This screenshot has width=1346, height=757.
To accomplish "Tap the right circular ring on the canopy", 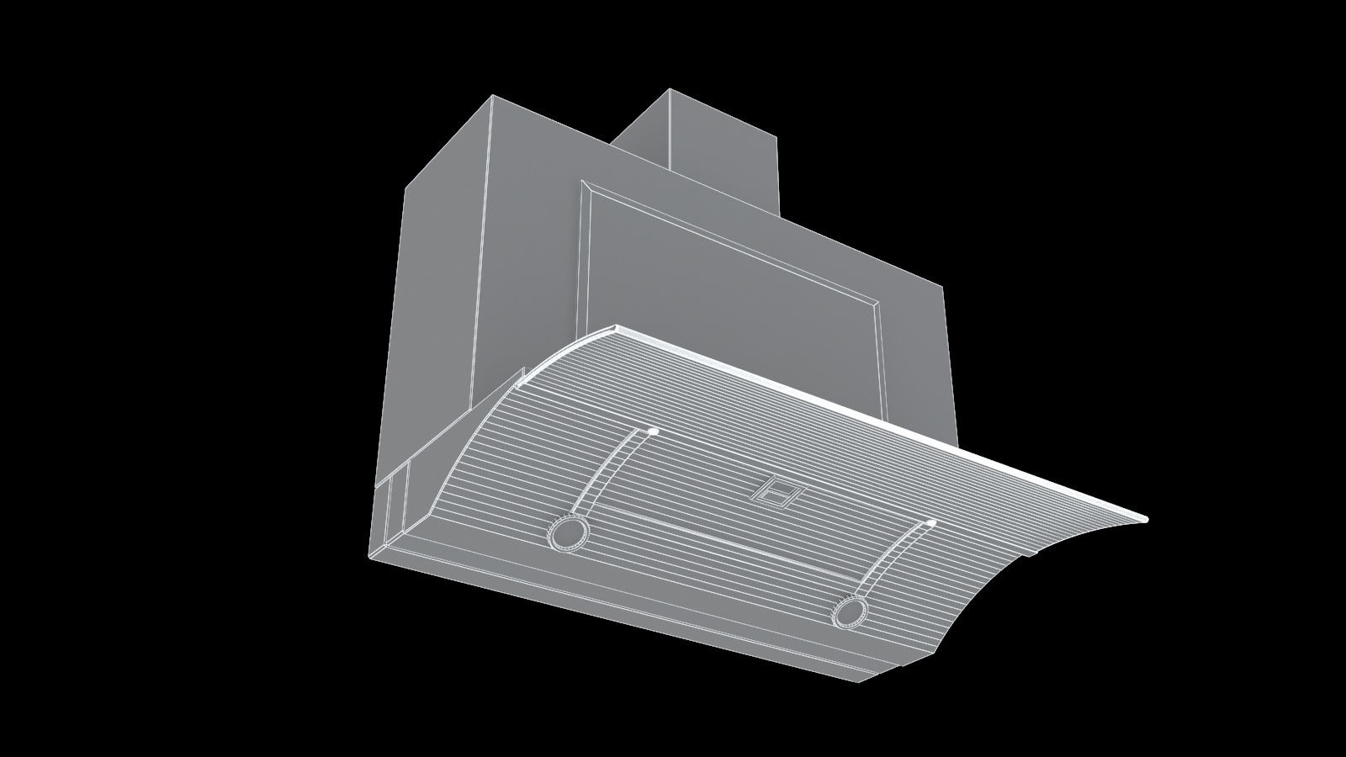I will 850,611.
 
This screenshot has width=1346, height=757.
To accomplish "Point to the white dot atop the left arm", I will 653,431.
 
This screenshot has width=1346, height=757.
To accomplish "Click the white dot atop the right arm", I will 931,524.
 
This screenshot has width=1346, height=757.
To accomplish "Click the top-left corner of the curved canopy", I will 617,326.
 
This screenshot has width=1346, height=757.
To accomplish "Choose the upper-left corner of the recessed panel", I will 586,183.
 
